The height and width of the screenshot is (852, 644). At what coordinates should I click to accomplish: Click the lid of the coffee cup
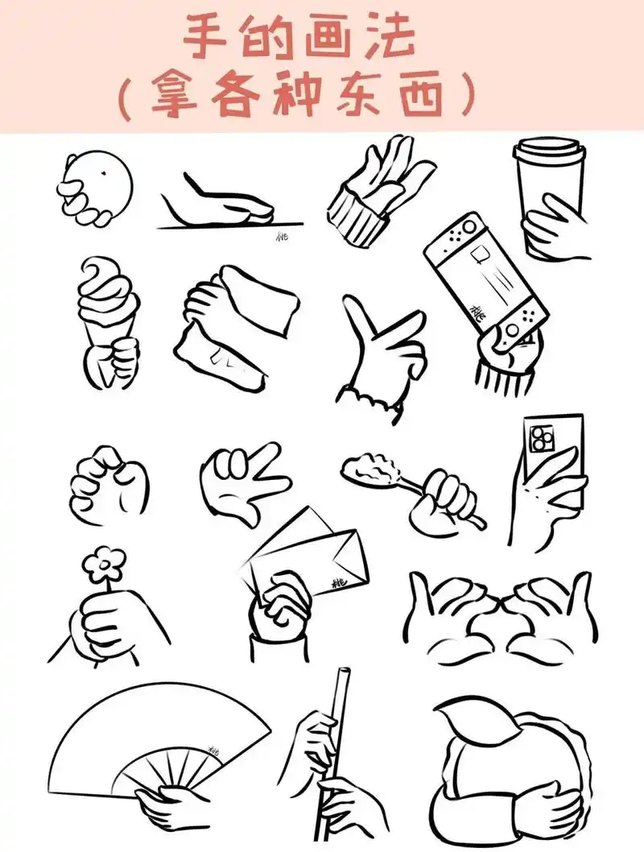(x=549, y=150)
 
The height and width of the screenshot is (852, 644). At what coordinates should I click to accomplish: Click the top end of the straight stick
(x=344, y=674)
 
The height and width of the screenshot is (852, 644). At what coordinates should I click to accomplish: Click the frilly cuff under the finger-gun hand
(x=373, y=400)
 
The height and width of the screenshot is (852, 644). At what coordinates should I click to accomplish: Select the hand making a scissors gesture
(x=242, y=479)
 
